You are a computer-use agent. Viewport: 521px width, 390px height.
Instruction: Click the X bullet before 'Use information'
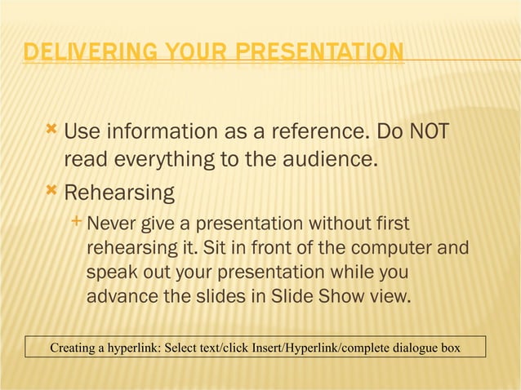pyautogui.click(x=52, y=129)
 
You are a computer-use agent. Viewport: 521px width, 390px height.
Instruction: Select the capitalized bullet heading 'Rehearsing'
pyautogui.click(x=119, y=193)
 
